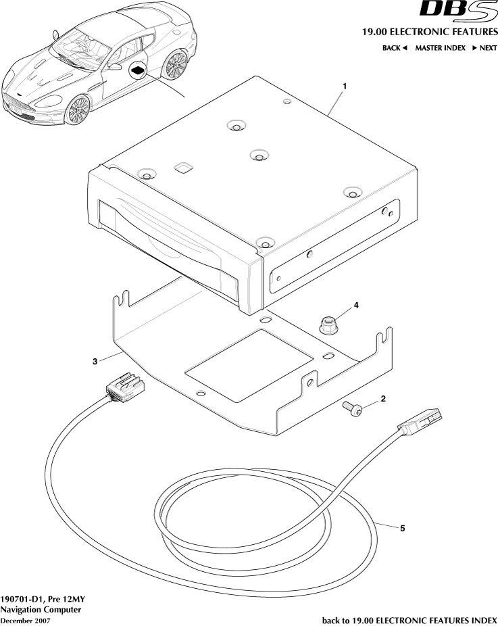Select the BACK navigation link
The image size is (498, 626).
click(x=395, y=48)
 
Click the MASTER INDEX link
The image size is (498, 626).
click(x=440, y=48)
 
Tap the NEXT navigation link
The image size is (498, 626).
click(x=484, y=48)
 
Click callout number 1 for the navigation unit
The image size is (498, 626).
click(x=345, y=87)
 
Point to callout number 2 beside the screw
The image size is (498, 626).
click(x=383, y=399)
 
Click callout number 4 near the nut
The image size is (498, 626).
click(x=356, y=305)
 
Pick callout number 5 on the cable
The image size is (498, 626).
click(x=403, y=528)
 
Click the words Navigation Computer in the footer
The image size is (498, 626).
click(x=41, y=609)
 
